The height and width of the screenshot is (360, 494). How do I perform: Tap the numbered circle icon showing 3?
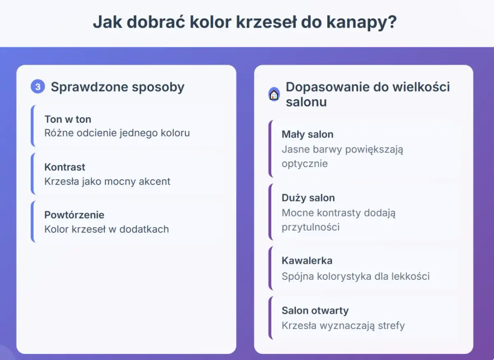pyautogui.click(x=37, y=87)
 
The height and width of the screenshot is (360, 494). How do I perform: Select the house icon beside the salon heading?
pyautogui.click(x=274, y=95)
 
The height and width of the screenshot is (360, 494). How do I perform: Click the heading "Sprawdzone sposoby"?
pyautogui.click(x=117, y=87)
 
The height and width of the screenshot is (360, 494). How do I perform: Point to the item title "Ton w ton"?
pyautogui.click(x=68, y=119)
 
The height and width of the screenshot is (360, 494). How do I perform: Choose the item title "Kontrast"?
pyautogui.click(x=65, y=167)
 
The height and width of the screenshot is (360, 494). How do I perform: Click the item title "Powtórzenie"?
pyautogui.click(x=74, y=215)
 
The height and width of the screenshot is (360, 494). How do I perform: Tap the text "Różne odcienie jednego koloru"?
pyautogui.click(x=117, y=133)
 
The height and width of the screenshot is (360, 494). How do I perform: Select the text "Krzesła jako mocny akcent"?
pyautogui.click(x=107, y=181)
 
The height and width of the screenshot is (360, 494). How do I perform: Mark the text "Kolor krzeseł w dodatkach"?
pyautogui.click(x=107, y=229)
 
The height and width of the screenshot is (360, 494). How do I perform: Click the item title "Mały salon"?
pyautogui.click(x=307, y=134)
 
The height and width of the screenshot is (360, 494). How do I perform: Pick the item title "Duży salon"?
pyautogui.click(x=308, y=197)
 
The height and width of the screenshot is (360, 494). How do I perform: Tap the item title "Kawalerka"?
pyautogui.click(x=307, y=260)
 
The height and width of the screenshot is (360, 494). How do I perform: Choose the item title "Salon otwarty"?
pyautogui.click(x=315, y=310)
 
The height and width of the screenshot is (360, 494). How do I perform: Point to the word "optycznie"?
pyautogui.click(x=305, y=163)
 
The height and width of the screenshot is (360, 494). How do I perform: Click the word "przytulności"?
pyautogui.click(x=310, y=227)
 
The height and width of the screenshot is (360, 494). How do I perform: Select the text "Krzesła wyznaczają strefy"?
pyautogui.click(x=343, y=325)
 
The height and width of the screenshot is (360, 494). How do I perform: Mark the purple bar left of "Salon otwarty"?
pyautogui.click(x=270, y=318)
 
